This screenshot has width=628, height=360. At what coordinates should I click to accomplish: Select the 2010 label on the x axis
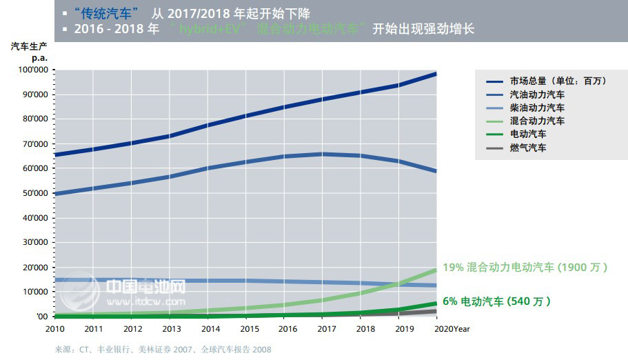[x=54, y=329]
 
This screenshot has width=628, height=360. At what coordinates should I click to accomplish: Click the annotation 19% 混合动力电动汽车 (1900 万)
[x=525, y=268]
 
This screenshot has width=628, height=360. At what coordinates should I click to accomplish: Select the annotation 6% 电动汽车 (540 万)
[x=497, y=301]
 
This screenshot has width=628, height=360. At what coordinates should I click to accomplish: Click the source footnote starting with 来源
[x=163, y=350]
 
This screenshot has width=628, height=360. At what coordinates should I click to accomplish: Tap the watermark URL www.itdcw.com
[x=145, y=301]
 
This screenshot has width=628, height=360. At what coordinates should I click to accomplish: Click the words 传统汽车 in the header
[x=104, y=13]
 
